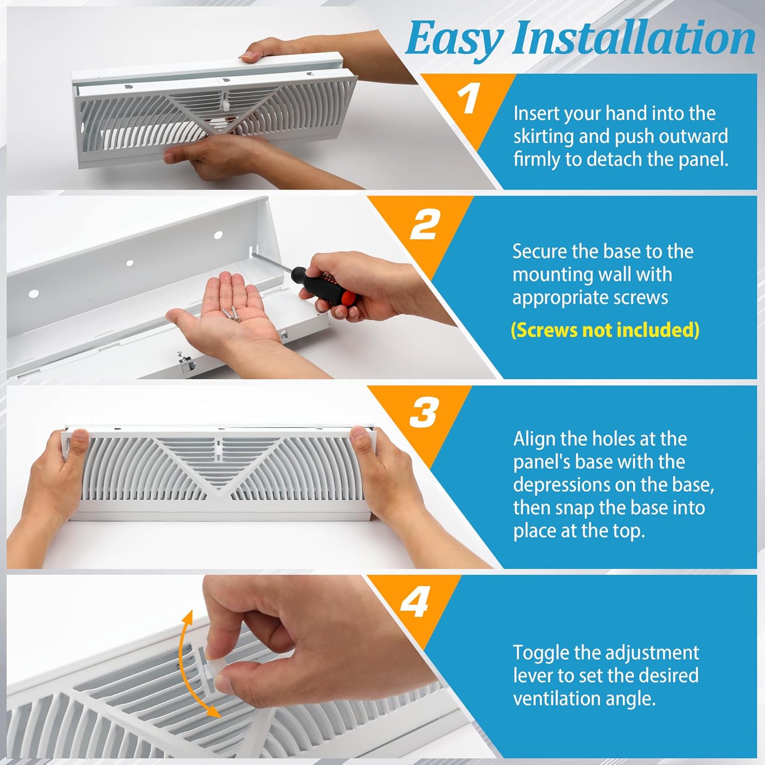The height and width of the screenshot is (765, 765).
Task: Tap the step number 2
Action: pyautogui.click(x=424, y=225)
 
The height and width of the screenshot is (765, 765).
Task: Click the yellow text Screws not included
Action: pyautogui.click(x=605, y=330)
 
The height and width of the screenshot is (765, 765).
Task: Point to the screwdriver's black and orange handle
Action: pyautogui.click(x=326, y=288)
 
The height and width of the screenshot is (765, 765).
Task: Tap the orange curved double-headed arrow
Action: pyautogui.click(x=189, y=663)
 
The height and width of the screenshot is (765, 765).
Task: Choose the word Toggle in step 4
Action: pyautogui.click(x=541, y=653)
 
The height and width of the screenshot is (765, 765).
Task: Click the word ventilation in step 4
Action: pyautogui.click(x=561, y=698)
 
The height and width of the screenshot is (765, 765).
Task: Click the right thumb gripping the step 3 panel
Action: pyautogui.click(x=361, y=436)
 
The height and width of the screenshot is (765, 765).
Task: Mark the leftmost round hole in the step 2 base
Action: pyautogui.click(x=34, y=294)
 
